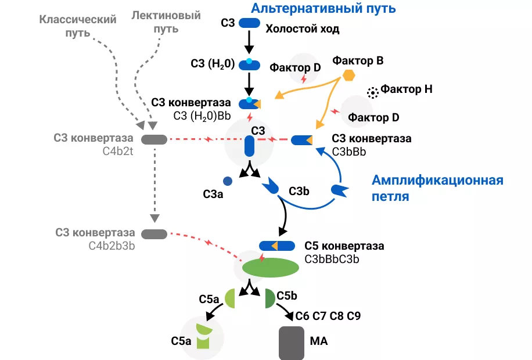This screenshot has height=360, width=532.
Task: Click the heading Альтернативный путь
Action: (323, 8)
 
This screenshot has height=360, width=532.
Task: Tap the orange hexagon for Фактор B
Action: (348, 75)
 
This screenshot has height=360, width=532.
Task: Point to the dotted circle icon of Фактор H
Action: (372, 92)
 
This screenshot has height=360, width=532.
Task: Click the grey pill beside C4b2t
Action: (154, 139)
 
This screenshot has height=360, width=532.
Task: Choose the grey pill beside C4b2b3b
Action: (154, 233)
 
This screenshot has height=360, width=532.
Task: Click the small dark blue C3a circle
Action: (228, 181)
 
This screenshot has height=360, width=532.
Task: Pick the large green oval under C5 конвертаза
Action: (271, 267)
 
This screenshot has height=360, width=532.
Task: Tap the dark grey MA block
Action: (292, 343)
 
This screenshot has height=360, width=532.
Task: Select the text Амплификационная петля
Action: (437, 188)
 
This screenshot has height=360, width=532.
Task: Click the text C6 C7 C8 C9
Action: (328, 316)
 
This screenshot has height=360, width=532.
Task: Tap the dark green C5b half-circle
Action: (269, 298)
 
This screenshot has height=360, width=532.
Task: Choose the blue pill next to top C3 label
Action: (250, 23)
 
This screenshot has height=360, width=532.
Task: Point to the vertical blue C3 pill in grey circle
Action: (250, 146)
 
